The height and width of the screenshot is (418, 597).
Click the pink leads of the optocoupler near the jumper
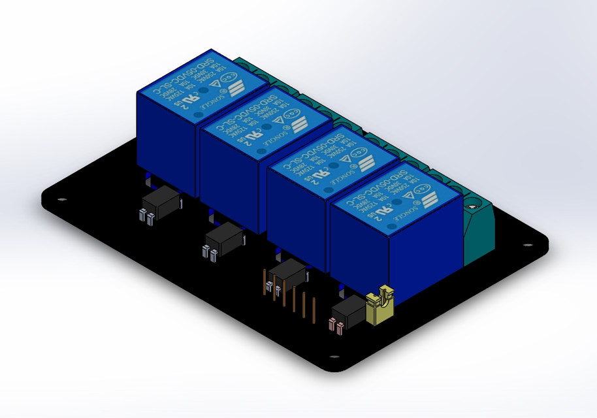336,325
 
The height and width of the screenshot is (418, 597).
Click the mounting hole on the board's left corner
62,200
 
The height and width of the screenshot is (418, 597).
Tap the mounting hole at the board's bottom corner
334,357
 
